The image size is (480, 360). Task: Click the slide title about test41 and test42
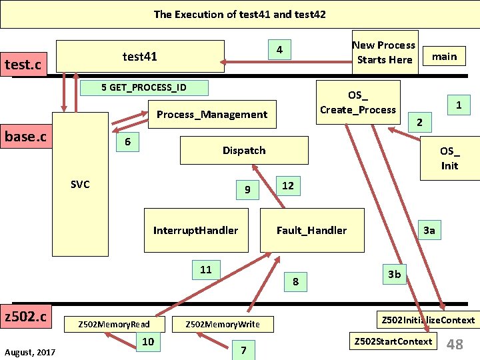click(239, 14)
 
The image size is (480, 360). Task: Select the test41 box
click(140, 57)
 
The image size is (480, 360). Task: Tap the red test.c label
click(23, 65)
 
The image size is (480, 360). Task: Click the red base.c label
click(26, 137)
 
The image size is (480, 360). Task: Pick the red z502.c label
click(26, 315)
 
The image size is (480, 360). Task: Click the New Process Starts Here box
click(384, 52)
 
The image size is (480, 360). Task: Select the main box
click(444, 56)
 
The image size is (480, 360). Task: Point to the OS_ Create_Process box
click(358, 103)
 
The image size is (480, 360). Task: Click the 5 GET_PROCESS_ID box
click(144, 87)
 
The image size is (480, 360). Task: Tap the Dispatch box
click(244, 150)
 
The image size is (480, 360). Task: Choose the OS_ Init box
click(449, 159)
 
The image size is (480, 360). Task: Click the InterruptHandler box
click(195, 230)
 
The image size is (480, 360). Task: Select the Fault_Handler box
click(311, 230)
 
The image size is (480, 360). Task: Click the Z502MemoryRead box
click(114, 324)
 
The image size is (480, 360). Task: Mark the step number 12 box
click(287, 185)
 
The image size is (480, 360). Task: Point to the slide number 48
click(455, 344)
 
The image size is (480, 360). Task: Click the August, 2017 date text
click(29, 351)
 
